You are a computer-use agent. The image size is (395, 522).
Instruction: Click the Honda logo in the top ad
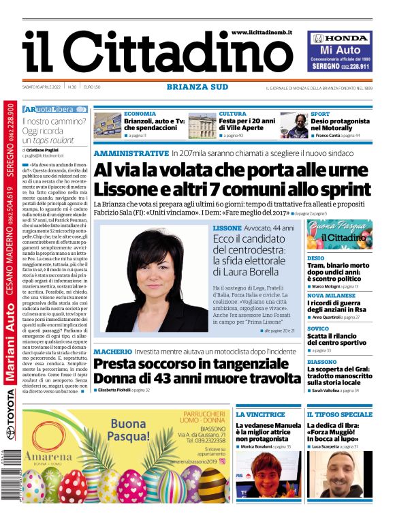coord(340,38)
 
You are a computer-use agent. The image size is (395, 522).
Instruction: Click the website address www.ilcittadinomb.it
coord(266,32)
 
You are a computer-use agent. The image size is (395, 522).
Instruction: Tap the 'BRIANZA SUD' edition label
coord(197,87)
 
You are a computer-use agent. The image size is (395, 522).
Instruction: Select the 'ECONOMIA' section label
coord(140,113)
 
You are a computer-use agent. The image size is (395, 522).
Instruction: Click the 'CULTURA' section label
coord(233,113)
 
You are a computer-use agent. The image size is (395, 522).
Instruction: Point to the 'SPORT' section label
coord(320,113)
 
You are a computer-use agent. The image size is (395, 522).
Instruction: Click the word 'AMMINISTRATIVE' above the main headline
coord(131,153)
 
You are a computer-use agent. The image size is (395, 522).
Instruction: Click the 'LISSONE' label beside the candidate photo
coord(227,227)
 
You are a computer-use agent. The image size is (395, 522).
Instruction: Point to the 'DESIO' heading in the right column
coord(315,258)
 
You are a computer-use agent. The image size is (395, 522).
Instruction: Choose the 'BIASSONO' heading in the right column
coord(321,362)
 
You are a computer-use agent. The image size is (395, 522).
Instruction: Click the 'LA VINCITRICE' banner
coord(260,414)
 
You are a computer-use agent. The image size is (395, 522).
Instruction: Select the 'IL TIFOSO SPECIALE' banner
coord(339,414)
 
